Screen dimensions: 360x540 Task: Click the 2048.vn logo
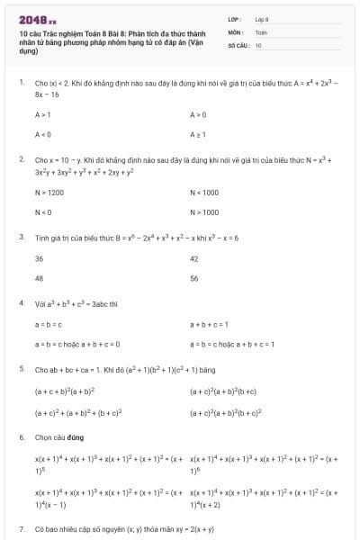pyautogui.click(x=37, y=19)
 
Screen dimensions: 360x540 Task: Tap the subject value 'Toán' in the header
pyautogui.click(x=261, y=31)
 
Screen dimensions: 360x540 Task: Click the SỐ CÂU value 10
pyautogui.click(x=258, y=44)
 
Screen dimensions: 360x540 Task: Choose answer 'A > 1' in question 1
pyautogui.click(x=43, y=115)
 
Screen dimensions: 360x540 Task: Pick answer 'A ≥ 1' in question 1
pyautogui.click(x=199, y=135)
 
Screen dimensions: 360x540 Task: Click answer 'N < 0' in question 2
pyautogui.click(x=43, y=212)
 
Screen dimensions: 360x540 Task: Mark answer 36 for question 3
pyautogui.click(x=39, y=258)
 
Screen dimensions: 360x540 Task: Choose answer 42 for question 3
pyautogui.click(x=194, y=258)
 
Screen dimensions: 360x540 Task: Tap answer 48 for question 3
pyautogui.click(x=39, y=278)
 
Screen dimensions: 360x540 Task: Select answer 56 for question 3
pyautogui.click(x=194, y=278)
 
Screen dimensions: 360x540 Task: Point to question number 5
pyautogui.click(x=21, y=369)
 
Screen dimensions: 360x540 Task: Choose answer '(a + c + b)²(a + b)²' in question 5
pyautogui.click(x=65, y=391)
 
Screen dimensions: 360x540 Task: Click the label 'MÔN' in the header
pyautogui.click(x=235, y=31)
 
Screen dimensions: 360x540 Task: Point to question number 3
pyautogui.click(x=21, y=238)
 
